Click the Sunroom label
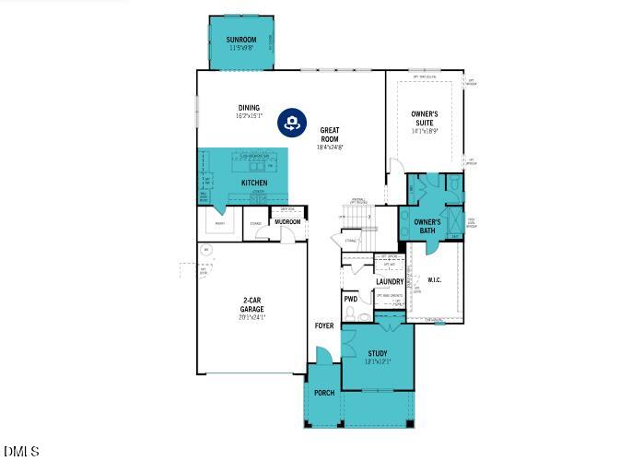pyautogui.click(x=240, y=40)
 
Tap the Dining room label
pyautogui.click(x=249, y=108)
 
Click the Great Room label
pyautogui.click(x=330, y=135)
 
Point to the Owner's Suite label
pyautogui.click(x=425, y=118)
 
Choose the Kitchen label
pyautogui.click(x=254, y=183)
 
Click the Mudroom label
pyautogui.click(x=287, y=222)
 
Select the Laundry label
pyautogui.click(x=390, y=282)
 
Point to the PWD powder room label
pyautogui.click(x=351, y=299)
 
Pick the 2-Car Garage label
pyautogui.click(x=252, y=305)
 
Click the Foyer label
pyautogui.click(x=324, y=325)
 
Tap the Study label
pyautogui.click(x=379, y=353)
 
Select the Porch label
pyautogui.click(x=324, y=393)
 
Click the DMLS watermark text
pyautogui.click(x=21, y=452)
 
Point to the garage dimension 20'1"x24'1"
pyautogui.click(x=252, y=318)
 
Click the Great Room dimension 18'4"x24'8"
pyautogui.click(x=330, y=147)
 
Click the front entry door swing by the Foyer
pyautogui.click(x=323, y=355)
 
